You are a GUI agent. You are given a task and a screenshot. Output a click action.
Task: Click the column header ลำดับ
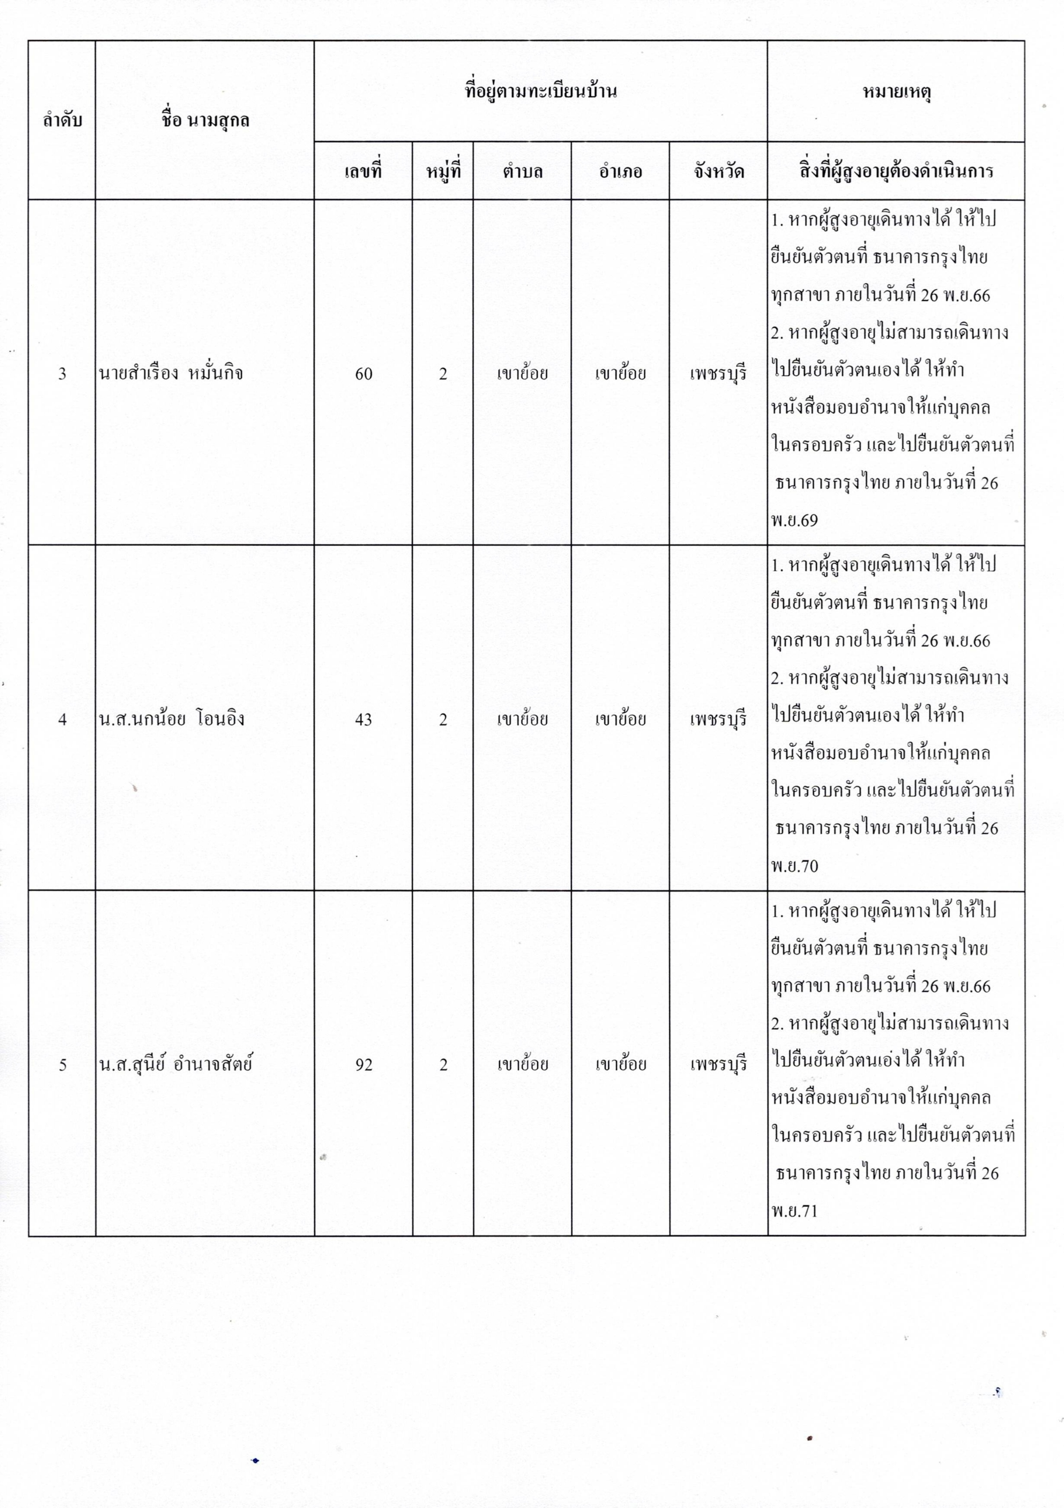(62, 120)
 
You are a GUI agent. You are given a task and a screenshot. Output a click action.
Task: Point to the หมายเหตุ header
(896, 91)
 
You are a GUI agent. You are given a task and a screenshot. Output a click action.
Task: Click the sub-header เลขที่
(363, 172)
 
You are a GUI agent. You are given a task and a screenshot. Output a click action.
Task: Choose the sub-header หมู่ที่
(443, 172)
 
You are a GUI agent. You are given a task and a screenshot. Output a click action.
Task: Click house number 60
(363, 374)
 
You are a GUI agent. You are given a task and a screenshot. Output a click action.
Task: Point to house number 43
(363, 720)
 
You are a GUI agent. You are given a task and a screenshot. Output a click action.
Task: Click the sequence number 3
(62, 374)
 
